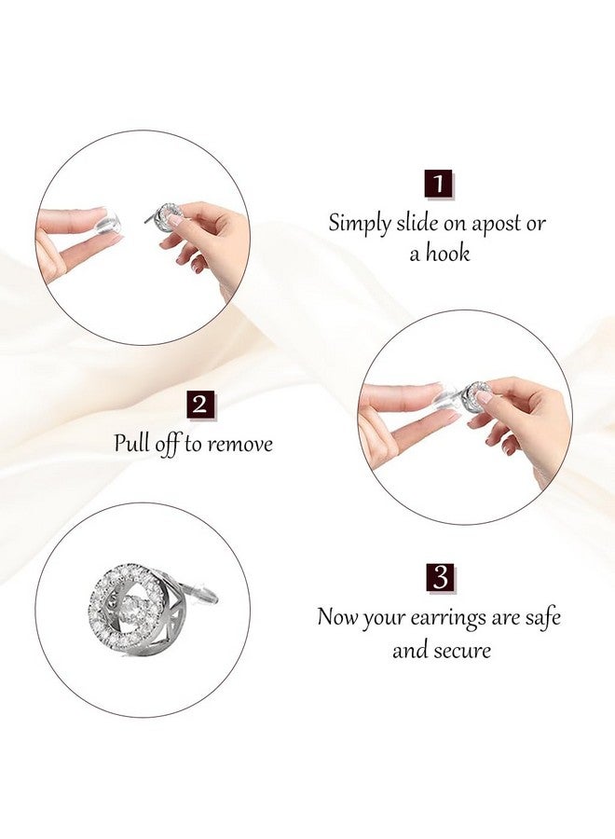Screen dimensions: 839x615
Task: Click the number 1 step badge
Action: (x=438, y=183)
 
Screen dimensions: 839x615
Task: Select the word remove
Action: (x=239, y=444)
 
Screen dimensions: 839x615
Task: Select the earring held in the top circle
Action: (x=167, y=216)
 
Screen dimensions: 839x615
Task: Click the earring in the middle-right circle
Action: (x=477, y=394)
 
